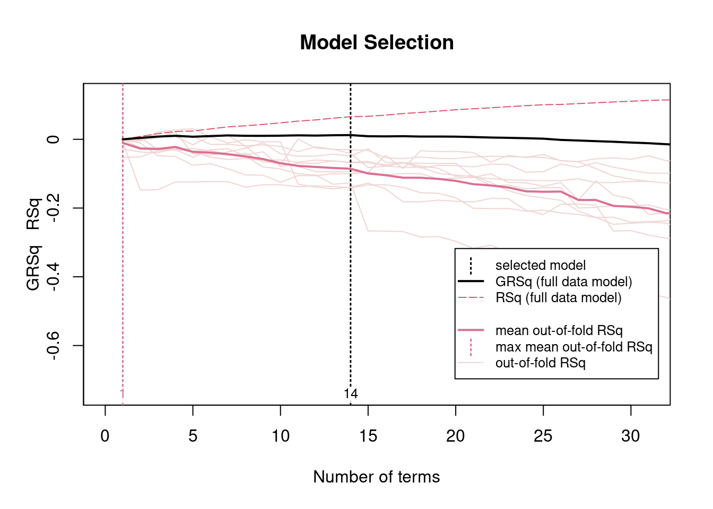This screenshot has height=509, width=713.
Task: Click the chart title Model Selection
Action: [377, 43]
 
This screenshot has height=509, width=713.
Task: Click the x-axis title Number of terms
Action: [376, 477]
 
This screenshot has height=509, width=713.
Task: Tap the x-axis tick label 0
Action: [105, 436]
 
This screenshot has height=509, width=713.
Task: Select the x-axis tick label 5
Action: [193, 436]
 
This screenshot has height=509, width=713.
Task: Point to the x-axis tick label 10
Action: [280, 436]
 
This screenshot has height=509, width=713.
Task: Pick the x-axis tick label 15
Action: [368, 436]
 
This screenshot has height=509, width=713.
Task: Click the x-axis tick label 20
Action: [455, 436]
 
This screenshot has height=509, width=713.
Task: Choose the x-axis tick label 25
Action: [543, 436]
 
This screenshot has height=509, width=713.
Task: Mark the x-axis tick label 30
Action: [630, 436]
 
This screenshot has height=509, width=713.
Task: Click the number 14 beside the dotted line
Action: [351, 394]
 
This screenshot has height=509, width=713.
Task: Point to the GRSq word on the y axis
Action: [33, 268]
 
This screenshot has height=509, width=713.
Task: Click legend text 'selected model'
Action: [540, 265]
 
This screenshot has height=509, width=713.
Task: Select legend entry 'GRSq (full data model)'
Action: [563, 282]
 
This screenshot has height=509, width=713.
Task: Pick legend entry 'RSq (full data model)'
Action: [558, 297]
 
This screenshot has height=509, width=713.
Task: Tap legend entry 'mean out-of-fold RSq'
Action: [559, 330]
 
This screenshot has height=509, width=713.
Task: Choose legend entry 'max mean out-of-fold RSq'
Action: [573, 347]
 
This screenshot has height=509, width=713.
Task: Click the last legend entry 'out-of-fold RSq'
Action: [540, 363]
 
